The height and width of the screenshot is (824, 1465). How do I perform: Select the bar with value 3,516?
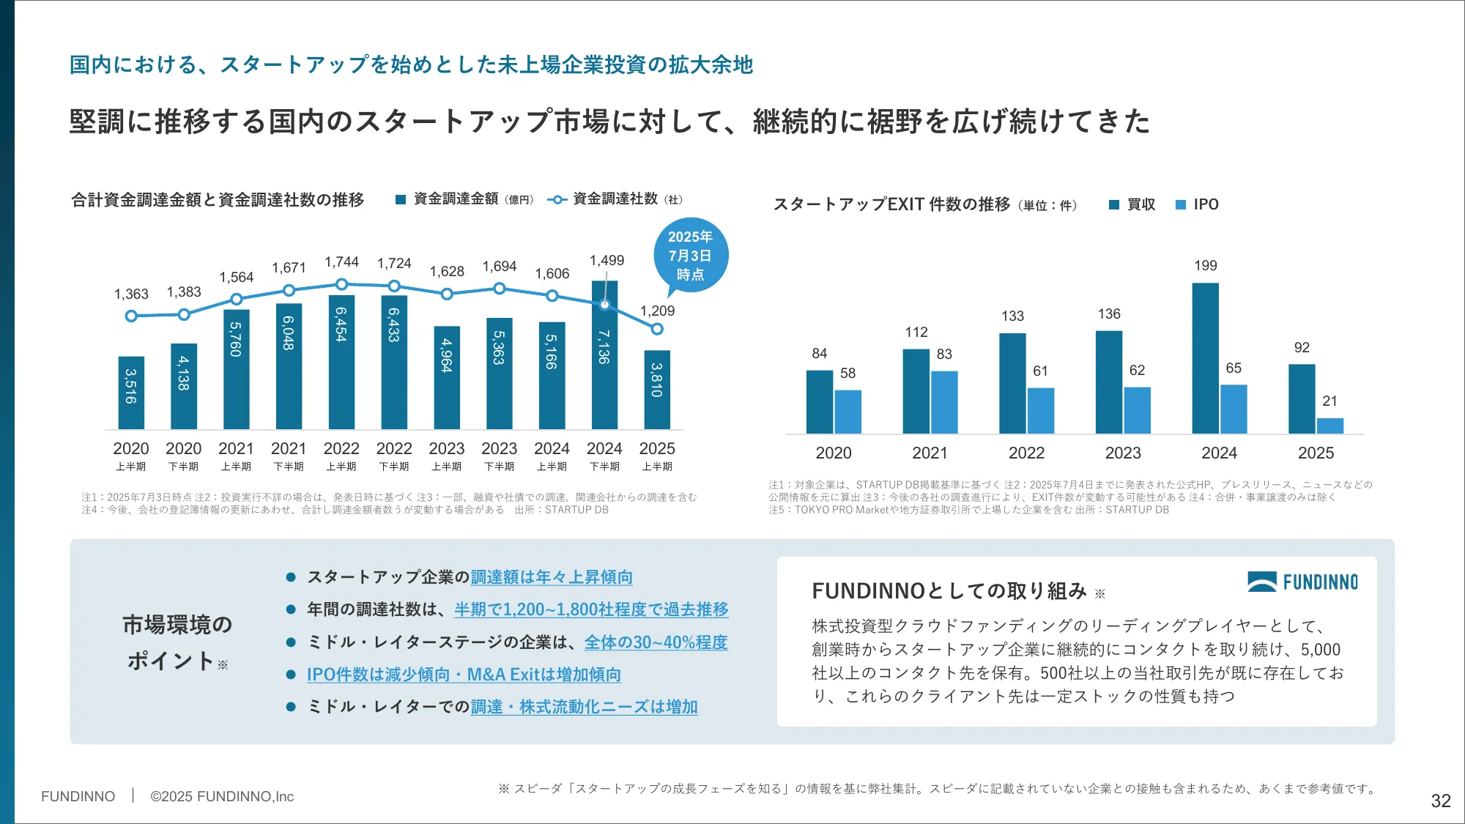pyautogui.click(x=131, y=393)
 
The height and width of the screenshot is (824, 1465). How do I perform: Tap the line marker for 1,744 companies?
pyautogui.click(x=341, y=284)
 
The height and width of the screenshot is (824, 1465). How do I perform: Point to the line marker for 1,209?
pyautogui.click(x=657, y=330)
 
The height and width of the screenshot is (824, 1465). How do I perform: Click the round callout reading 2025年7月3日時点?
pyautogui.click(x=690, y=256)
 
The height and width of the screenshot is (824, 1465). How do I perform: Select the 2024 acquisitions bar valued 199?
pyautogui.click(x=1205, y=358)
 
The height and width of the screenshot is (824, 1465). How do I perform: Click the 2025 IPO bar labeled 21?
pyautogui.click(x=1329, y=426)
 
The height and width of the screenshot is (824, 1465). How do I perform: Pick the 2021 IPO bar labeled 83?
pyautogui.click(x=944, y=402)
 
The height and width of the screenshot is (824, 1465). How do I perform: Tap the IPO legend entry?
pyautogui.click(x=1198, y=204)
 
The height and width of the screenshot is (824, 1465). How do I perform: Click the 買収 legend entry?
pyautogui.click(x=1132, y=204)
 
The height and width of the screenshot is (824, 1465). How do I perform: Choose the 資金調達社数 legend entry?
pyautogui.click(x=615, y=199)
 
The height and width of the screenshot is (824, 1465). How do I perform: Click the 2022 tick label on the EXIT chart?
pyautogui.click(x=1026, y=453)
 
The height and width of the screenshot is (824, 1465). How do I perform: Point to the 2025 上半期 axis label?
pyautogui.click(x=657, y=456)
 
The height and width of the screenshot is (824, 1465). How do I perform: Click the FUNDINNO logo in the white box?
pyautogui.click(x=1302, y=582)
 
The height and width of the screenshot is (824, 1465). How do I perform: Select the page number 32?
pyautogui.click(x=1440, y=801)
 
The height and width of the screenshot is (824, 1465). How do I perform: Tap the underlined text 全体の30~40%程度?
pyautogui.click(x=656, y=642)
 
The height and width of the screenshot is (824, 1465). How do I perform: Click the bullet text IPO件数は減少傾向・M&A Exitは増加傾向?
pyautogui.click(x=464, y=675)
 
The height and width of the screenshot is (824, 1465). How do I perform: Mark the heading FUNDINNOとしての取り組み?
pyautogui.click(x=949, y=591)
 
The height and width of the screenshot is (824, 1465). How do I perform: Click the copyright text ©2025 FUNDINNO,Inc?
pyautogui.click(x=222, y=796)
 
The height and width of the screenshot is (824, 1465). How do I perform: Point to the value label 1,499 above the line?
pyautogui.click(x=607, y=261)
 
